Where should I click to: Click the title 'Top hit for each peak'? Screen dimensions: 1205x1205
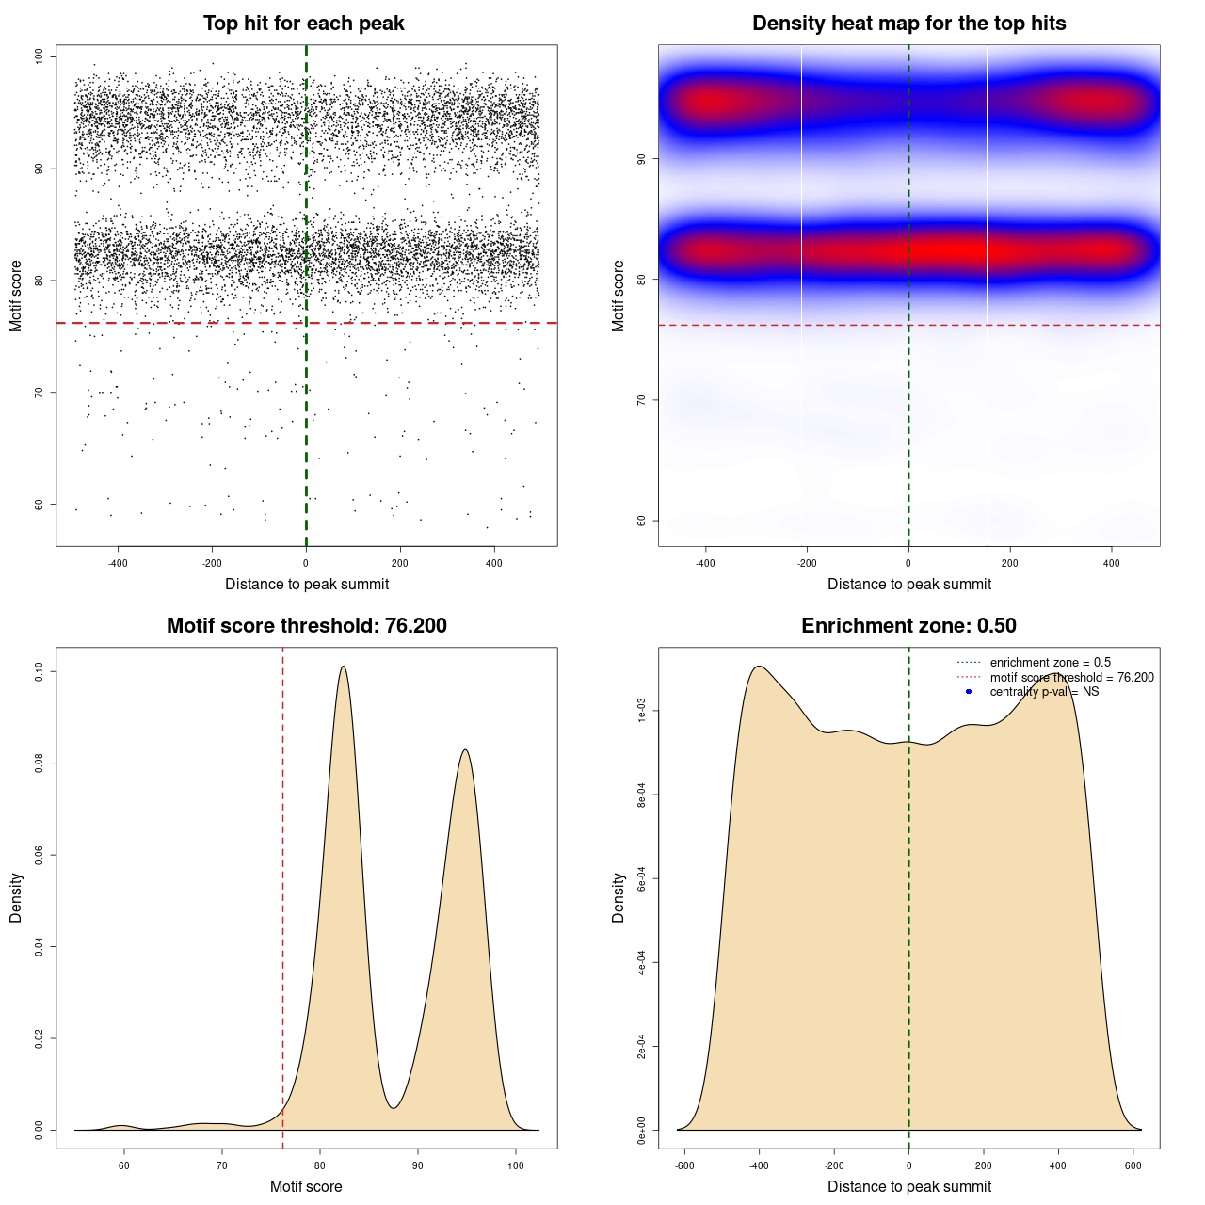[x=303, y=24]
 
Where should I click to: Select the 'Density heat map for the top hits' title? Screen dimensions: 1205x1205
[x=908, y=24]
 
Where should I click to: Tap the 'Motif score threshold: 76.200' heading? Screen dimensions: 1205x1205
[x=306, y=626]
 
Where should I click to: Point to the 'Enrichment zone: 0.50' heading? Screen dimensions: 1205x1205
[x=908, y=626]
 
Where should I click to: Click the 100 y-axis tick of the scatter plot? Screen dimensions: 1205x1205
[x=40, y=56]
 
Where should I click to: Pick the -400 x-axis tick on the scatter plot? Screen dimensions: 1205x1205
[x=118, y=563]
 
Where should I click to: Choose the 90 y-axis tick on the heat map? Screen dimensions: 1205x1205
[x=642, y=159]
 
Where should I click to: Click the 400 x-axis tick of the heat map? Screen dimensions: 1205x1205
[x=1112, y=563]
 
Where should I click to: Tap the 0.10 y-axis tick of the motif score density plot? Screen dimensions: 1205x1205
[x=40, y=671]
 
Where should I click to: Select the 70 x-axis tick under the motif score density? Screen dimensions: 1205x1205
[x=222, y=1165]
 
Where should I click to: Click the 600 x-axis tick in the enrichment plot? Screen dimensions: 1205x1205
[x=1133, y=1165]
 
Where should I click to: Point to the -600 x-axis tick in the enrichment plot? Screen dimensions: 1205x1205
[x=684, y=1165]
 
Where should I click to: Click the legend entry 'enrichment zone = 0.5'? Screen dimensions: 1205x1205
[x=1050, y=663]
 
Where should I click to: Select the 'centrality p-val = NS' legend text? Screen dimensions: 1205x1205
[x=1044, y=692]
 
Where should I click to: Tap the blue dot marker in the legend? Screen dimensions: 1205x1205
[x=969, y=692]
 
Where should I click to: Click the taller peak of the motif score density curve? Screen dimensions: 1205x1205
[x=343, y=667]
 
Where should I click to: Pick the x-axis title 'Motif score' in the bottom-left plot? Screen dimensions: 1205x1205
[x=306, y=1186]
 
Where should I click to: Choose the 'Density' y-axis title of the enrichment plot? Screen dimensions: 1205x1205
[x=619, y=897]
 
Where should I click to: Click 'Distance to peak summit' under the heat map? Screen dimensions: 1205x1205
[x=908, y=584]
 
